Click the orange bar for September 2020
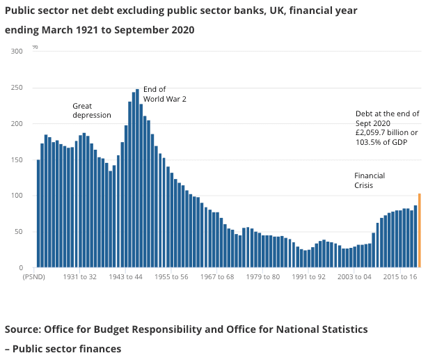pos(419,230)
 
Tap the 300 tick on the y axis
pos(17,52)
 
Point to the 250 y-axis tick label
pos(17,88)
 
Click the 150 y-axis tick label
pos(17,159)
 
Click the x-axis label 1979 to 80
pos(265,276)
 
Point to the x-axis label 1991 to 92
pos(310,276)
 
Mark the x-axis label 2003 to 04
pos(356,276)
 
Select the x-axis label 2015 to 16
pos(401,276)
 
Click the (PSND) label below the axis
pos(34,276)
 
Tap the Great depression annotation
pos(92,110)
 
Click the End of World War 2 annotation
pos(164,94)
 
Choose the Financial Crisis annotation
pos(370,180)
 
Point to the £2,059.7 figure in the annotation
pos(373,132)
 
